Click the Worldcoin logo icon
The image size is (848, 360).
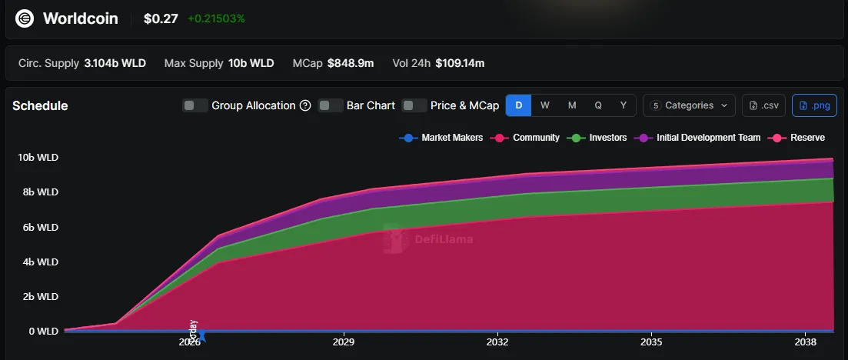(25, 18)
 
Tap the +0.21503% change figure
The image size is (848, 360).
(216, 18)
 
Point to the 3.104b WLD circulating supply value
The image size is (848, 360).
(115, 63)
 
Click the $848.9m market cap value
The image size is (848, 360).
(351, 63)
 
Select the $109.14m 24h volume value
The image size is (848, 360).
(460, 63)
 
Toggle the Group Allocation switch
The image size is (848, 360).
(195, 105)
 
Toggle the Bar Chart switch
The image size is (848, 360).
(331, 105)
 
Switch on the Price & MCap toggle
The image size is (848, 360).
(414, 105)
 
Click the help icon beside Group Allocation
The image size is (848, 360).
(305, 105)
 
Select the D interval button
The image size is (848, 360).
(518, 105)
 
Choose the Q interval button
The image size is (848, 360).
(598, 105)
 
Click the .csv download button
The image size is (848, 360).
(763, 105)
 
